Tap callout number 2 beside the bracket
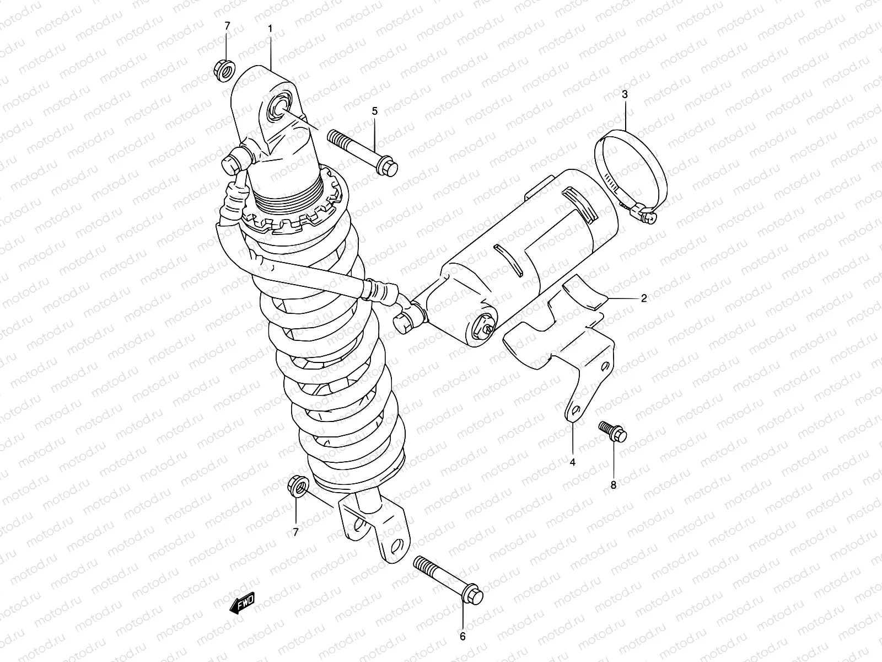pos(643,298)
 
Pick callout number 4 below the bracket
pos(572,462)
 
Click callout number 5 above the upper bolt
pos(375,111)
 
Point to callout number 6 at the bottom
pos(462,637)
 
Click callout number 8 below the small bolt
pos(613,485)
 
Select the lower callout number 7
pos(295,532)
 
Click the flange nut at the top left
pos(224,70)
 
